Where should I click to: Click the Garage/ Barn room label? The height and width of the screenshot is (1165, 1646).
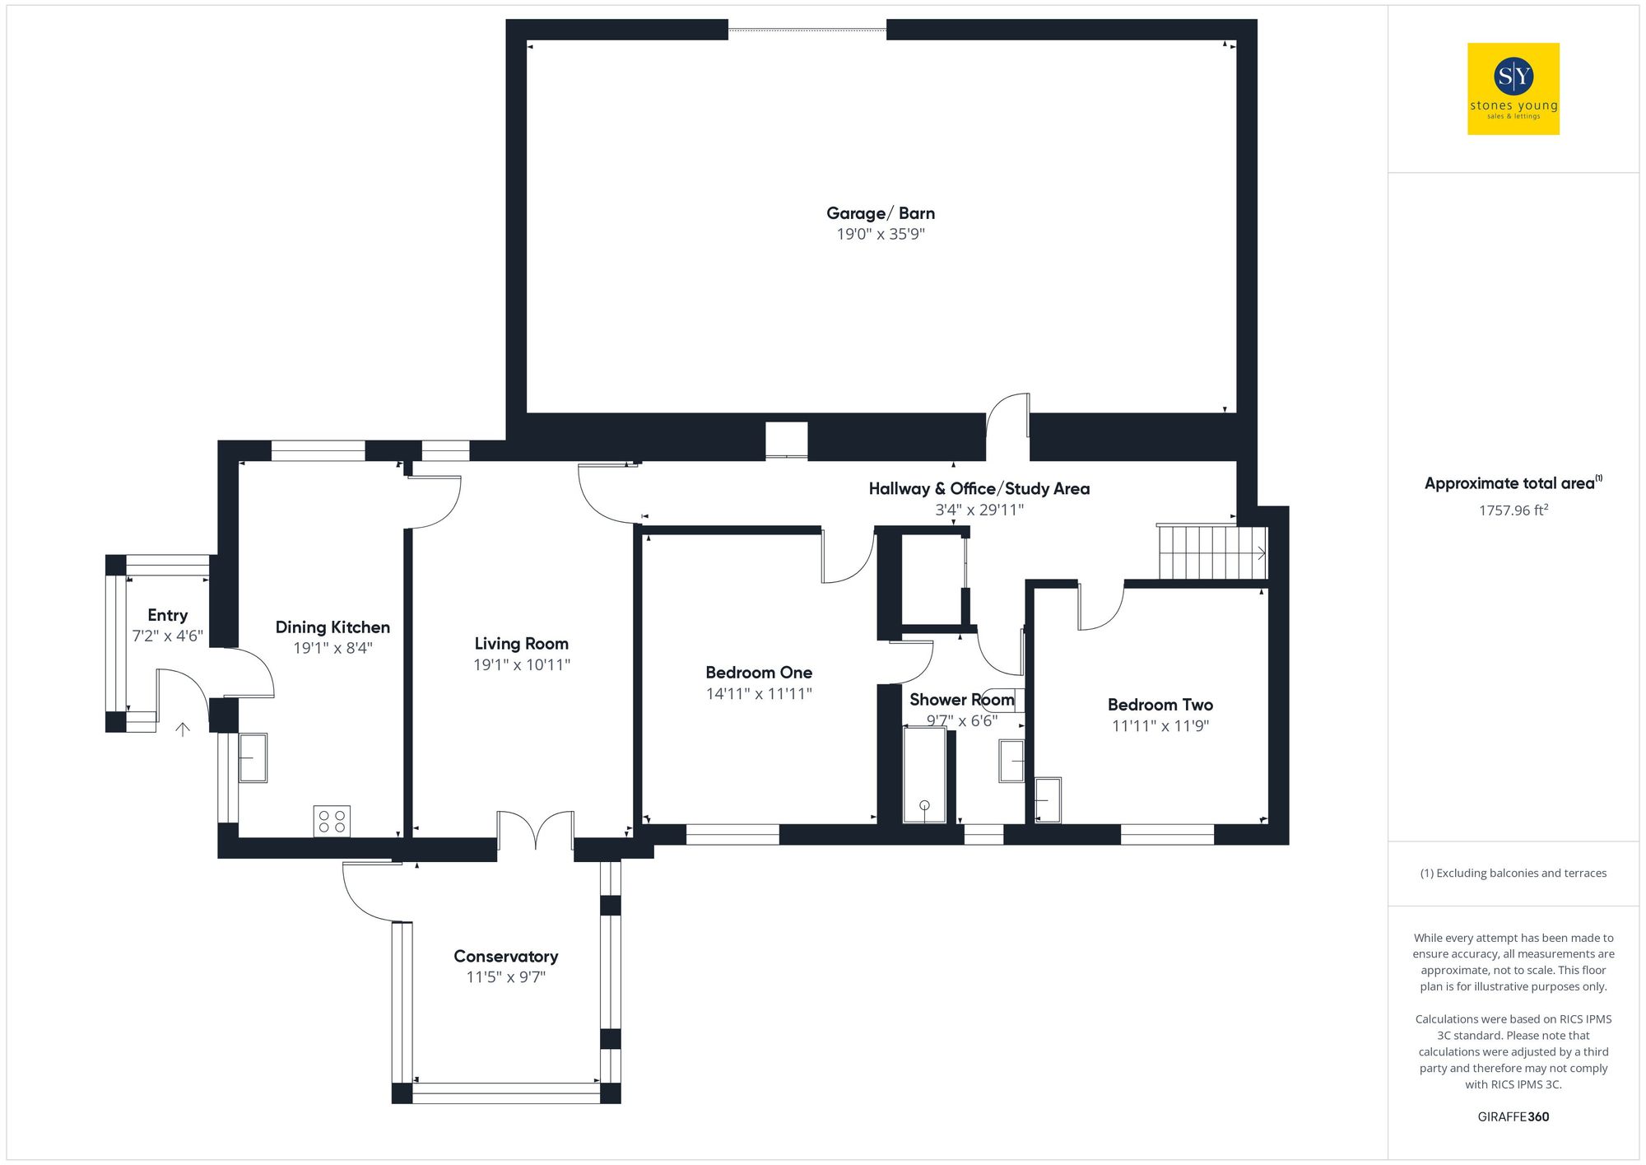tap(880, 213)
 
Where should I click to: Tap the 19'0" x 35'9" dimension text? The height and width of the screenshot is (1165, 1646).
tap(880, 235)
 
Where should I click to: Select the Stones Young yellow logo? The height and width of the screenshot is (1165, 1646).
tap(1513, 89)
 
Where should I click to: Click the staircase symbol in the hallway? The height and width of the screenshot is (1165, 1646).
tap(1211, 552)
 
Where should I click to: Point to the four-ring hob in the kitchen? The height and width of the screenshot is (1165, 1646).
tap(332, 821)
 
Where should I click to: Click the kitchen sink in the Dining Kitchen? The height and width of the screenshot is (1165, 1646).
tap(253, 757)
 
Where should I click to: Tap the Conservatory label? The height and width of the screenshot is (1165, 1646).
tap(505, 957)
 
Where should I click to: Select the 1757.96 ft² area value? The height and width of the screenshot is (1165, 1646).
tap(1513, 510)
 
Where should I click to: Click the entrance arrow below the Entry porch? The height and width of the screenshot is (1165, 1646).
tap(183, 729)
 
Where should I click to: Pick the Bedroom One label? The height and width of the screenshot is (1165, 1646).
tap(758, 673)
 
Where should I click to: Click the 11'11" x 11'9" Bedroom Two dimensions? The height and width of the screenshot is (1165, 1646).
tap(1160, 726)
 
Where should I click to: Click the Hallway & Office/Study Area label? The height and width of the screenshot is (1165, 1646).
tap(979, 489)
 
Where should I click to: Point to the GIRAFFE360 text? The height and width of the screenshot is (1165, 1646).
tap(1513, 1117)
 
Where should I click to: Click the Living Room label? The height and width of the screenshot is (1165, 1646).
tap(521, 644)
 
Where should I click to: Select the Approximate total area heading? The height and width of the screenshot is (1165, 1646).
tap(1512, 484)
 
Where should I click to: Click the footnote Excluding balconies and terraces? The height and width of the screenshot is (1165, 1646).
tap(1513, 874)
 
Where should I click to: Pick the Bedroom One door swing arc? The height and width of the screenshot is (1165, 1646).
tap(848, 557)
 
